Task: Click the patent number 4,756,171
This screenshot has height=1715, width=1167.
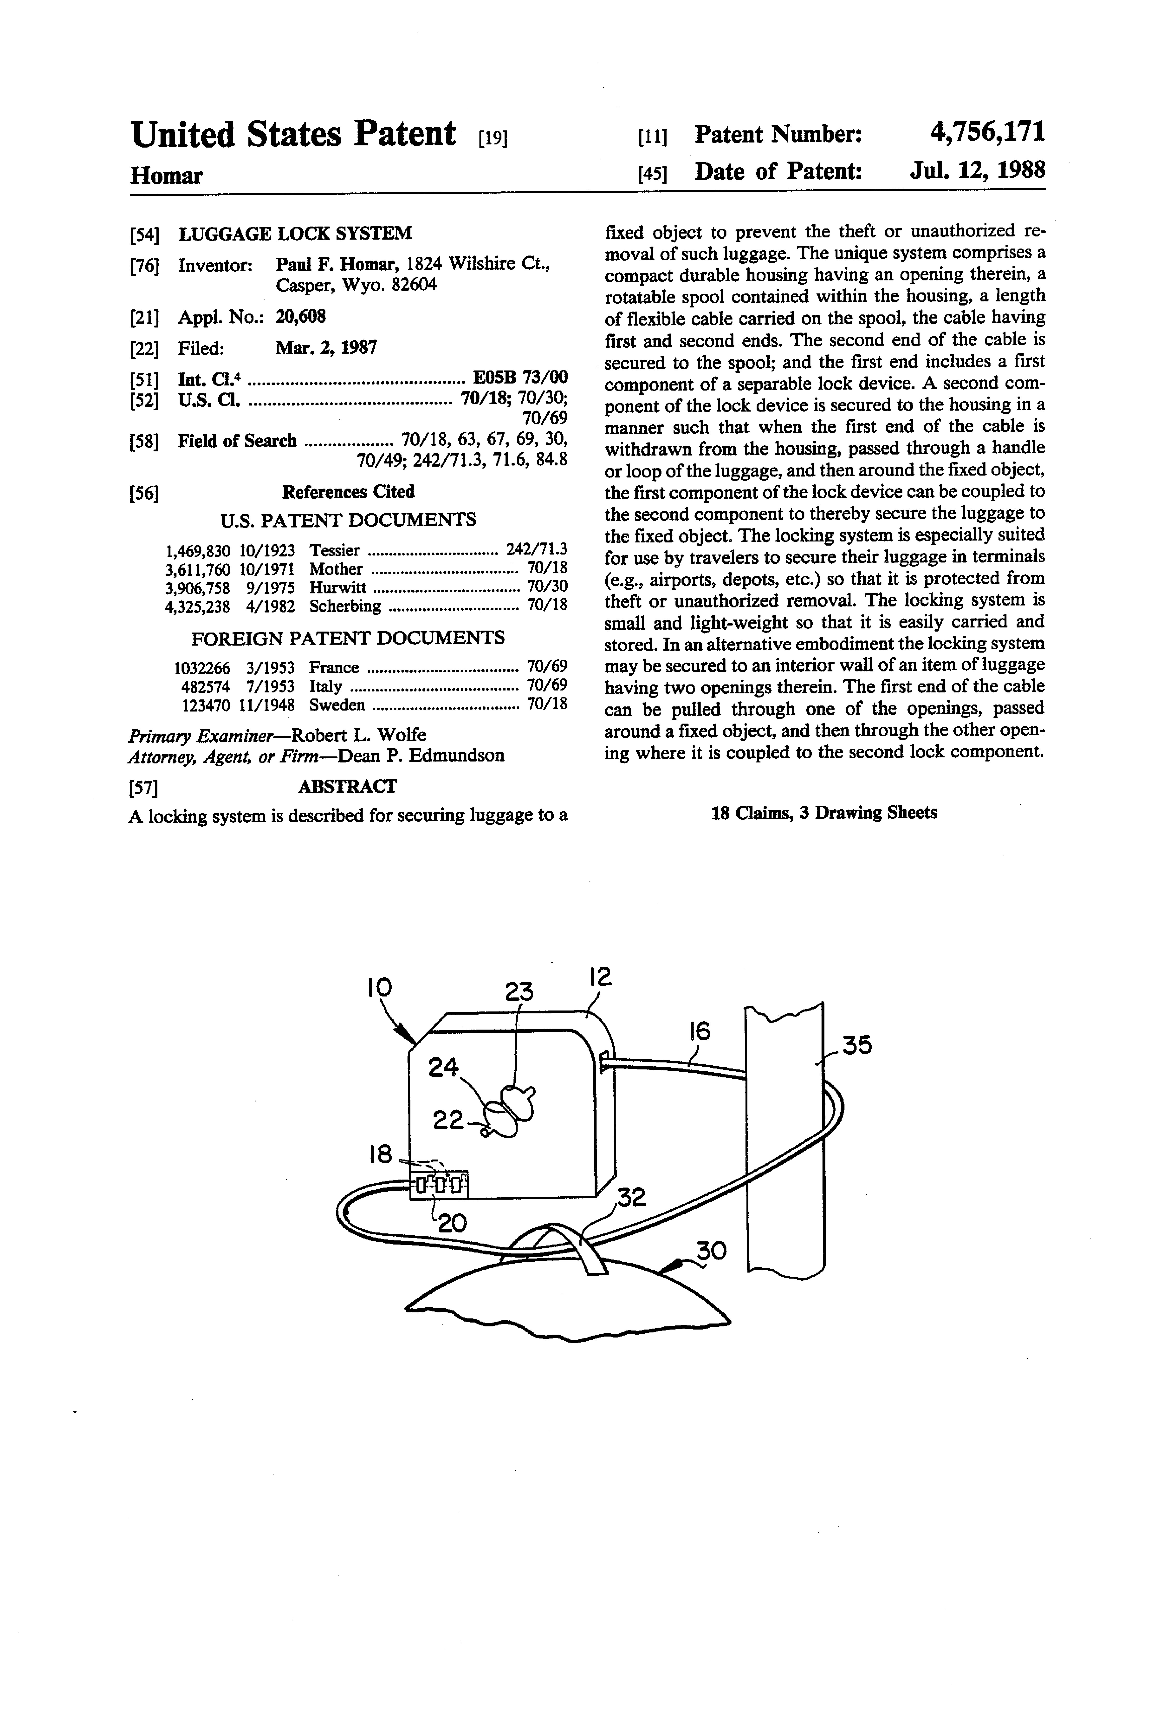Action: pyautogui.click(x=987, y=133)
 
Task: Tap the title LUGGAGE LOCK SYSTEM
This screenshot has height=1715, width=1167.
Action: pyautogui.click(x=295, y=234)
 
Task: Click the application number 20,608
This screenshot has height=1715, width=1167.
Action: pyautogui.click(x=300, y=317)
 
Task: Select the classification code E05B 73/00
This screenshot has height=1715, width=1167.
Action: pyautogui.click(x=520, y=378)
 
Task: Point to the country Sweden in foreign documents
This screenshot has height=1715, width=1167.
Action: pyautogui.click(x=336, y=705)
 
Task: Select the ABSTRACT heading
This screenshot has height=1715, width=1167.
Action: pyautogui.click(x=347, y=787)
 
